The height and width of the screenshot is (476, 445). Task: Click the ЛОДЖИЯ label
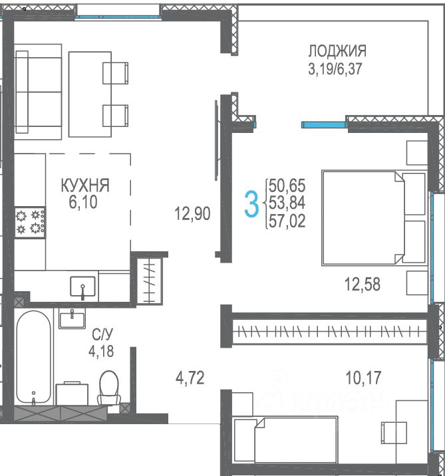pos(337,51)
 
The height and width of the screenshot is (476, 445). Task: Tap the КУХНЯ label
pos(85,185)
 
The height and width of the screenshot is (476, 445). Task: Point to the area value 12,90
pos(192,213)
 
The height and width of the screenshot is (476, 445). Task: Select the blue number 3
pos(251,203)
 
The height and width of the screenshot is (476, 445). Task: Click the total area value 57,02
pos(287,221)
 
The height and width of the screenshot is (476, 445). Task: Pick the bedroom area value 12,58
pos(363,285)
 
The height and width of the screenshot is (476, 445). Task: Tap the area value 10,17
pos(363,378)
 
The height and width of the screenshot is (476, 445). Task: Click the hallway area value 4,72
pos(190,378)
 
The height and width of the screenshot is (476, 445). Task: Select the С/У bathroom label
pos(102,334)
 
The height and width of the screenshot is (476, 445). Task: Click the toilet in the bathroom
pos(108,388)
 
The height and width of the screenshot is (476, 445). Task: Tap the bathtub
pos(34,357)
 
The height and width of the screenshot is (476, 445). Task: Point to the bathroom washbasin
pos(72,319)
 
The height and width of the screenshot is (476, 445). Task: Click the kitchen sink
pos(82,287)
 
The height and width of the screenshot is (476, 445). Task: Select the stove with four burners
pos(30,223)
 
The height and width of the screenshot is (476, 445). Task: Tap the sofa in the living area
pos(39,92)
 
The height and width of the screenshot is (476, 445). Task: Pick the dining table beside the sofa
pos(90,94)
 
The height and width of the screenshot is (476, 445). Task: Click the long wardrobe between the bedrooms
pos(329,331)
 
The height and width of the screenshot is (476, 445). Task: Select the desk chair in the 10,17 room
pos(394,432)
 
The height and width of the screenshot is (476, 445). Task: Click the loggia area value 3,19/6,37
pos(335,68)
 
